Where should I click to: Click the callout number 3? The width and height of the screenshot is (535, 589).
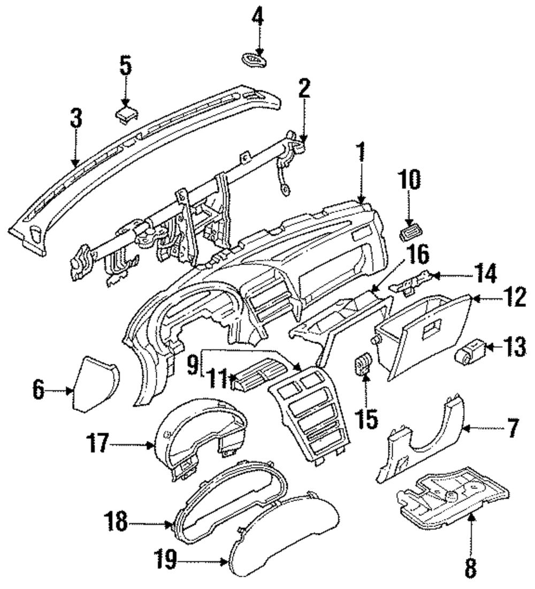click(x=77, y=118)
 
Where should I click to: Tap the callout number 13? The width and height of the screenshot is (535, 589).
click(x=513, y=347)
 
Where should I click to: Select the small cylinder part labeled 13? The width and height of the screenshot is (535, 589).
click(x=470, y=351)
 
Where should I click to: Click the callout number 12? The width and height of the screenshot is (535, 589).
click(x=514, y=297)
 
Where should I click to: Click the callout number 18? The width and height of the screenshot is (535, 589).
click(x=117, y=522)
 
